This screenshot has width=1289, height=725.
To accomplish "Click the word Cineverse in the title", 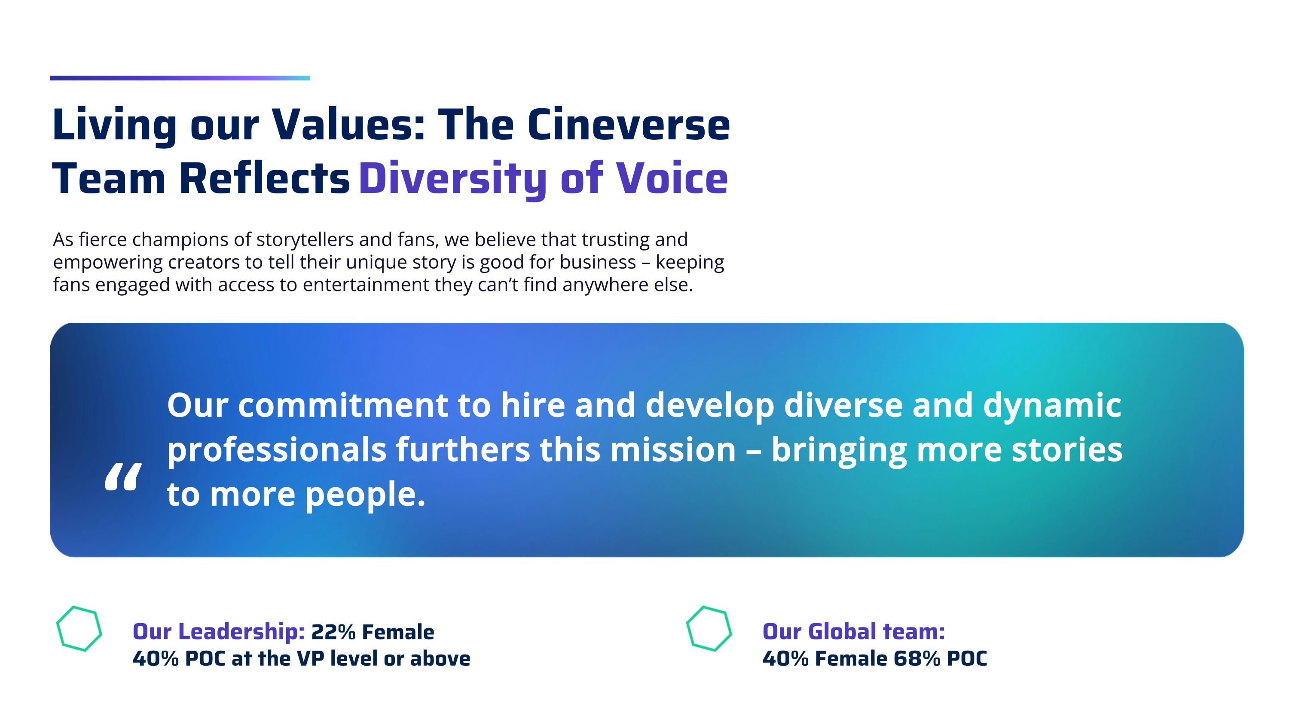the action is (628, 125).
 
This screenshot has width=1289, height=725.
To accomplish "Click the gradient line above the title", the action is (180, 78).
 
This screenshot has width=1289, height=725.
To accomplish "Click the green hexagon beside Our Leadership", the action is (79, 628).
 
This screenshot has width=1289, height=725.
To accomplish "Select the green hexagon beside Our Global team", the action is (709, 628).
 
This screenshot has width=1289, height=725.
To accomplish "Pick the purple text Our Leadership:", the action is (219, 632).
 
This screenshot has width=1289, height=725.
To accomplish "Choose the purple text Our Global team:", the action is (854, 631).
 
